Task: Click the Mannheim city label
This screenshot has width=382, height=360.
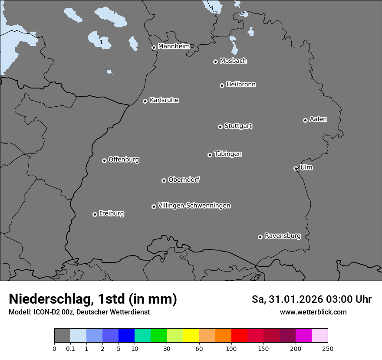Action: tap(174, 46)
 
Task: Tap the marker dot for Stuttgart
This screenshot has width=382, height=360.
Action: tap(220, 127)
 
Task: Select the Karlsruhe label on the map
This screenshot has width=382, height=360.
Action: tap(164, 100)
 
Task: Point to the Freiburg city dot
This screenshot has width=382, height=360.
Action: tap(95, 214)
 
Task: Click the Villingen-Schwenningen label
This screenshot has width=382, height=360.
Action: tap(194, 206)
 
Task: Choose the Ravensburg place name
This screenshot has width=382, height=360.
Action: tap(282, 236)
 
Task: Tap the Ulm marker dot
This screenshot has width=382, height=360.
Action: tap(296, 168)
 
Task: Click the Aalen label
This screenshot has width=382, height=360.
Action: tap(318, 119)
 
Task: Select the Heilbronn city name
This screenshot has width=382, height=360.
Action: tap(241, 85)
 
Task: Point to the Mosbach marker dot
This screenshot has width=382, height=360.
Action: tap(215, 62)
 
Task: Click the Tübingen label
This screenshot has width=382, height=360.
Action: tap(228, 154)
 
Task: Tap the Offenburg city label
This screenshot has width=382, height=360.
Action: tap(124, 160)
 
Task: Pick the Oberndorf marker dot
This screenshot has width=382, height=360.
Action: tap(164, 180)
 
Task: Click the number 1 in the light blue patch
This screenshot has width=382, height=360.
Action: tap(101, 42)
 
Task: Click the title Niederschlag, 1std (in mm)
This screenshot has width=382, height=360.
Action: tap(92, 299)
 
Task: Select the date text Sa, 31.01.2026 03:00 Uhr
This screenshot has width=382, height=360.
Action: tap(311, 299)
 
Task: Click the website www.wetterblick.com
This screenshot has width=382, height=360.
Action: tap(313, 312)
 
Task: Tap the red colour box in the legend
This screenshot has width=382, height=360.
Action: tap(239, 336)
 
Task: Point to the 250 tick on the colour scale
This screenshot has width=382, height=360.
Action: tap(327, 348)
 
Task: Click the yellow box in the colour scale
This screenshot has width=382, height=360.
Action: tap(191, 336)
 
